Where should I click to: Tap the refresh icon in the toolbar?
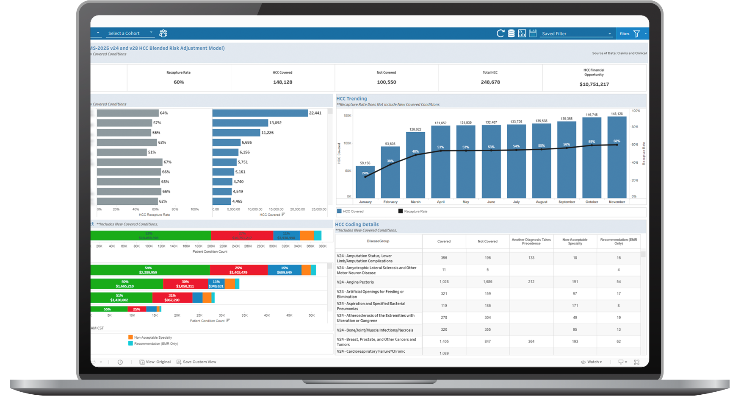pyautogui.click(x=500, y=33)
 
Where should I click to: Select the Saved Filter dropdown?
pyautogui.click(x=576, y=33)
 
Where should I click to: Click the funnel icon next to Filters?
pyautogui.click(x=636, y=33)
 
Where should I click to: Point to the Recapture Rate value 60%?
pyautogui.click(x=179, y=82)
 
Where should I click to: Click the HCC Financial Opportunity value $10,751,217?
pyautogui.click(x=594, y=84)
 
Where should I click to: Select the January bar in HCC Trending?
pyautogui.click(x=365, y=182)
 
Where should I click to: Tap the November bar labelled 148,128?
pyautogui.click(x=617, y=157)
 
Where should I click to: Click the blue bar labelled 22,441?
pyautogui.click(x=260, y=113)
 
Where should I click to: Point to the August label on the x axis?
pyautogui.click(x=542, y=202)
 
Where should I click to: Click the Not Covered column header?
pyautogui.click(x=487, y=241)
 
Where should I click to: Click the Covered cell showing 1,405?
pyautogui.click(x=444, y=341)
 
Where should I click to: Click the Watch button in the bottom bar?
pyautogui.click(x=592, y=362)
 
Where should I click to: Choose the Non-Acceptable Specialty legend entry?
pyautogui.click(x=153, y=337)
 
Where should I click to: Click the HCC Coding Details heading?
pyautogui.click(x=357, y=225)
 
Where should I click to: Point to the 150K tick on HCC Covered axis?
pyautogui.click(x=347, y=115)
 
